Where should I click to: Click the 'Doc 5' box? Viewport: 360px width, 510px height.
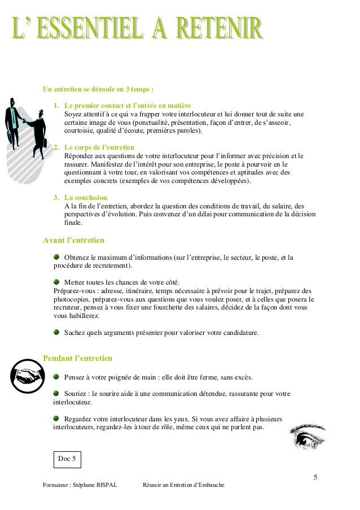pyautogui.click(x=67, y=459)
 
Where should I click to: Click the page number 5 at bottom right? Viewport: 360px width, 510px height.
pyautogui.click(x=315, y=478)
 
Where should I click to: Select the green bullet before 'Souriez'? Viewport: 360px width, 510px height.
pyautogui.click(x=57, y=393)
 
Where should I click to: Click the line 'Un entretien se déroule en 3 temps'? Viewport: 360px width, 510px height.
pyautogui.click(x=98, y=89)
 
